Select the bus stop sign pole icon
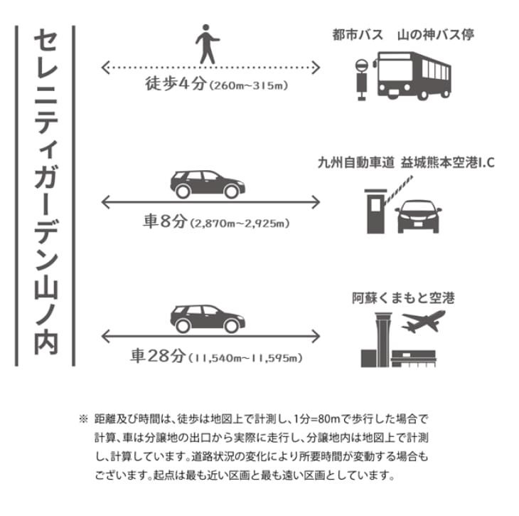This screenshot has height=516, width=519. click(360, 78)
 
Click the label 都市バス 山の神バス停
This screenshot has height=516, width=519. click(402, 34)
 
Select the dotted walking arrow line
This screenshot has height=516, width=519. click(211, 68)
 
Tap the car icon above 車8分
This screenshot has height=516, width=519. click(206, 184)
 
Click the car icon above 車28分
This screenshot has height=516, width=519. click(206, 318)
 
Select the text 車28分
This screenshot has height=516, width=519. click(158, 355)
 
